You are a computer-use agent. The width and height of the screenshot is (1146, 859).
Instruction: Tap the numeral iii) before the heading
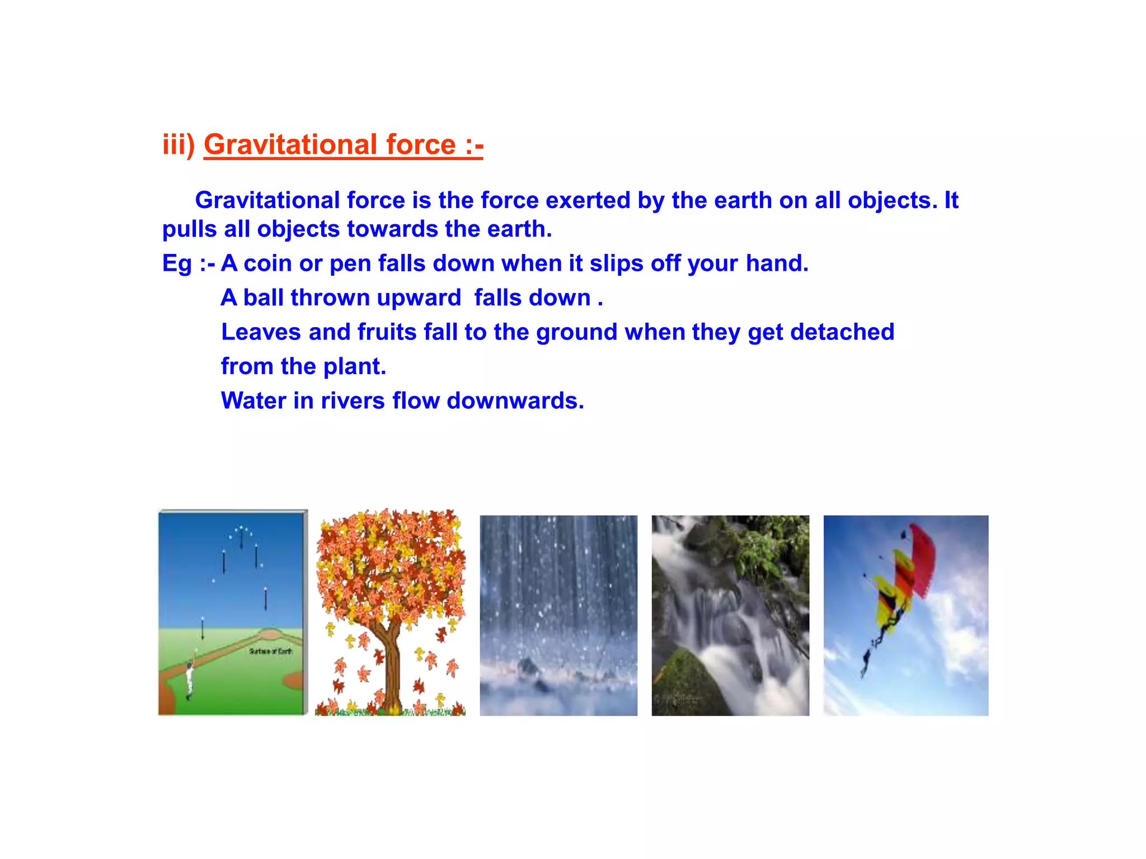point(178,144)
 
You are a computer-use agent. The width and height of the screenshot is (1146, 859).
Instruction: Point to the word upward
point(419,298)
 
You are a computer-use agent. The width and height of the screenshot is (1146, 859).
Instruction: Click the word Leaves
point(261,332)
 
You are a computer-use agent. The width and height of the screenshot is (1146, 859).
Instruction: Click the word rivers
point(353,401)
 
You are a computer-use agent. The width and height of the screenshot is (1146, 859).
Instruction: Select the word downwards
point(515,401)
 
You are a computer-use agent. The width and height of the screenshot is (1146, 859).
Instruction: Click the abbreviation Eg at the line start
point(177,263)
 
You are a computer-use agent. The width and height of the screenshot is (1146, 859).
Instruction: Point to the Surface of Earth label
point(270,651)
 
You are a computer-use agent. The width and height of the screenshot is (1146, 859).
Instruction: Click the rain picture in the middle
point(558,615)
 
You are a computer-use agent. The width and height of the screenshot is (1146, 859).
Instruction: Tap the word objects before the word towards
point(298,229)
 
